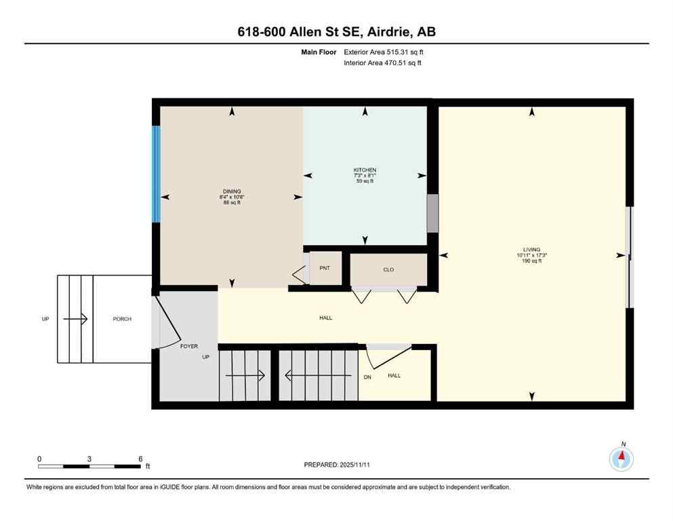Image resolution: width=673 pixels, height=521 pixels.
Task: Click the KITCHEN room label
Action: click(x=365, y=170)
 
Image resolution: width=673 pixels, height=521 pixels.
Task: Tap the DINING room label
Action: click(x=232, y=191)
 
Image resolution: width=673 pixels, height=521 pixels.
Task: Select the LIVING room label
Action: click(x=532, y=250)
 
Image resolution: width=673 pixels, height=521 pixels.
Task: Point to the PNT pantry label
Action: click(x=325, y=268)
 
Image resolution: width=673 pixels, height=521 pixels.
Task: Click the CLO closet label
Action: click(x=388, y=270)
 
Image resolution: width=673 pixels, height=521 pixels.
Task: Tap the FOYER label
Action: click(x=189, y=346)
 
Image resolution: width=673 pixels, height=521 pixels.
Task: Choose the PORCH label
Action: click(x=123, y=319)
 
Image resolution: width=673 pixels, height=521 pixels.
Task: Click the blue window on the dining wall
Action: click(x=157, y=174)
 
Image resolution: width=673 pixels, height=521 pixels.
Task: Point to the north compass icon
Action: click(x=621, y=459)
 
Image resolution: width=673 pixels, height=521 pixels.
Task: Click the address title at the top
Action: click(x=336, y=32)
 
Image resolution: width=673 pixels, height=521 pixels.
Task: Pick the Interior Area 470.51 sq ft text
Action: click(x=383, y=63)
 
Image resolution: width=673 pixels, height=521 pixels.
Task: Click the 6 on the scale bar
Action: click(x=140, y=459)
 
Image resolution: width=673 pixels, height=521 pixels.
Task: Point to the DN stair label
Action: click(x=367, y=377)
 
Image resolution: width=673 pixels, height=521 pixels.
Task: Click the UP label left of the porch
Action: click(x=45, y=319)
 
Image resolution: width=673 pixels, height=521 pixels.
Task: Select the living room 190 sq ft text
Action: click(x=532, y=261)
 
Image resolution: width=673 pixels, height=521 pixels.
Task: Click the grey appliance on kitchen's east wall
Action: click(x=432, y=213)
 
